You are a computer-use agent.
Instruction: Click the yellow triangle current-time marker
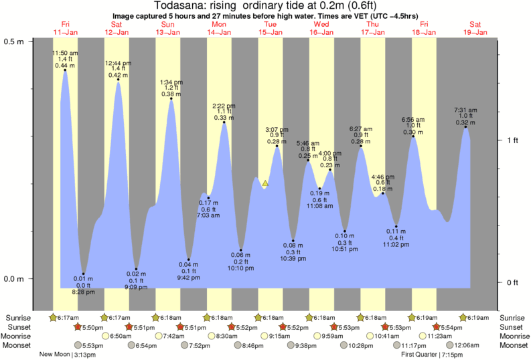265,183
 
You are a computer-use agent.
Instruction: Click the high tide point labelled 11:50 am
65,70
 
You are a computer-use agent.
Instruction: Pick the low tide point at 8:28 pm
83,274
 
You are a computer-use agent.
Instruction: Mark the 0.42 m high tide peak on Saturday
119,80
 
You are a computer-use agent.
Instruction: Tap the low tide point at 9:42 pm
188,260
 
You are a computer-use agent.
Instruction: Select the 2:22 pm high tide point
224,122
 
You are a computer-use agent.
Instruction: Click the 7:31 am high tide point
465,127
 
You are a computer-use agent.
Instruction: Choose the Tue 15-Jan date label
269,28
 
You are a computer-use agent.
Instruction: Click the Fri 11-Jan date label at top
65,28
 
